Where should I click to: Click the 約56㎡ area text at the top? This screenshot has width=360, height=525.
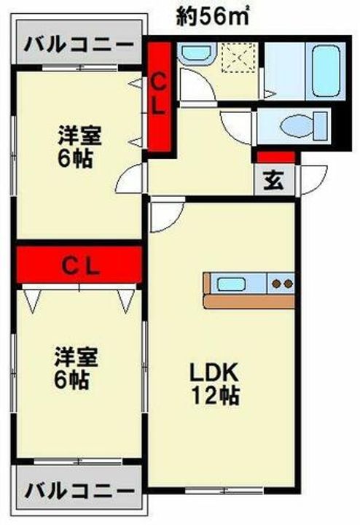click(x=213, y=16)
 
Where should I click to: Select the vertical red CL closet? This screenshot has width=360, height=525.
click(x=160, y=96)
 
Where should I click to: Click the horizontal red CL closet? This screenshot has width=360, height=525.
click(x=79, y=265)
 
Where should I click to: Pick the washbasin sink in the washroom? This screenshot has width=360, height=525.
click(x=197, y=52)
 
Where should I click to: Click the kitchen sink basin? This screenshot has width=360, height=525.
click(x=231, y=284)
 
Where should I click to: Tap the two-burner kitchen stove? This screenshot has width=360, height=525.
click(x=281, y=283)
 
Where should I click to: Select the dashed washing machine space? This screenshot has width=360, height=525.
click(x=239, y=57)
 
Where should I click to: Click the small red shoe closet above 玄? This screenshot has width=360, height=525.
click(x=276, y=157)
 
